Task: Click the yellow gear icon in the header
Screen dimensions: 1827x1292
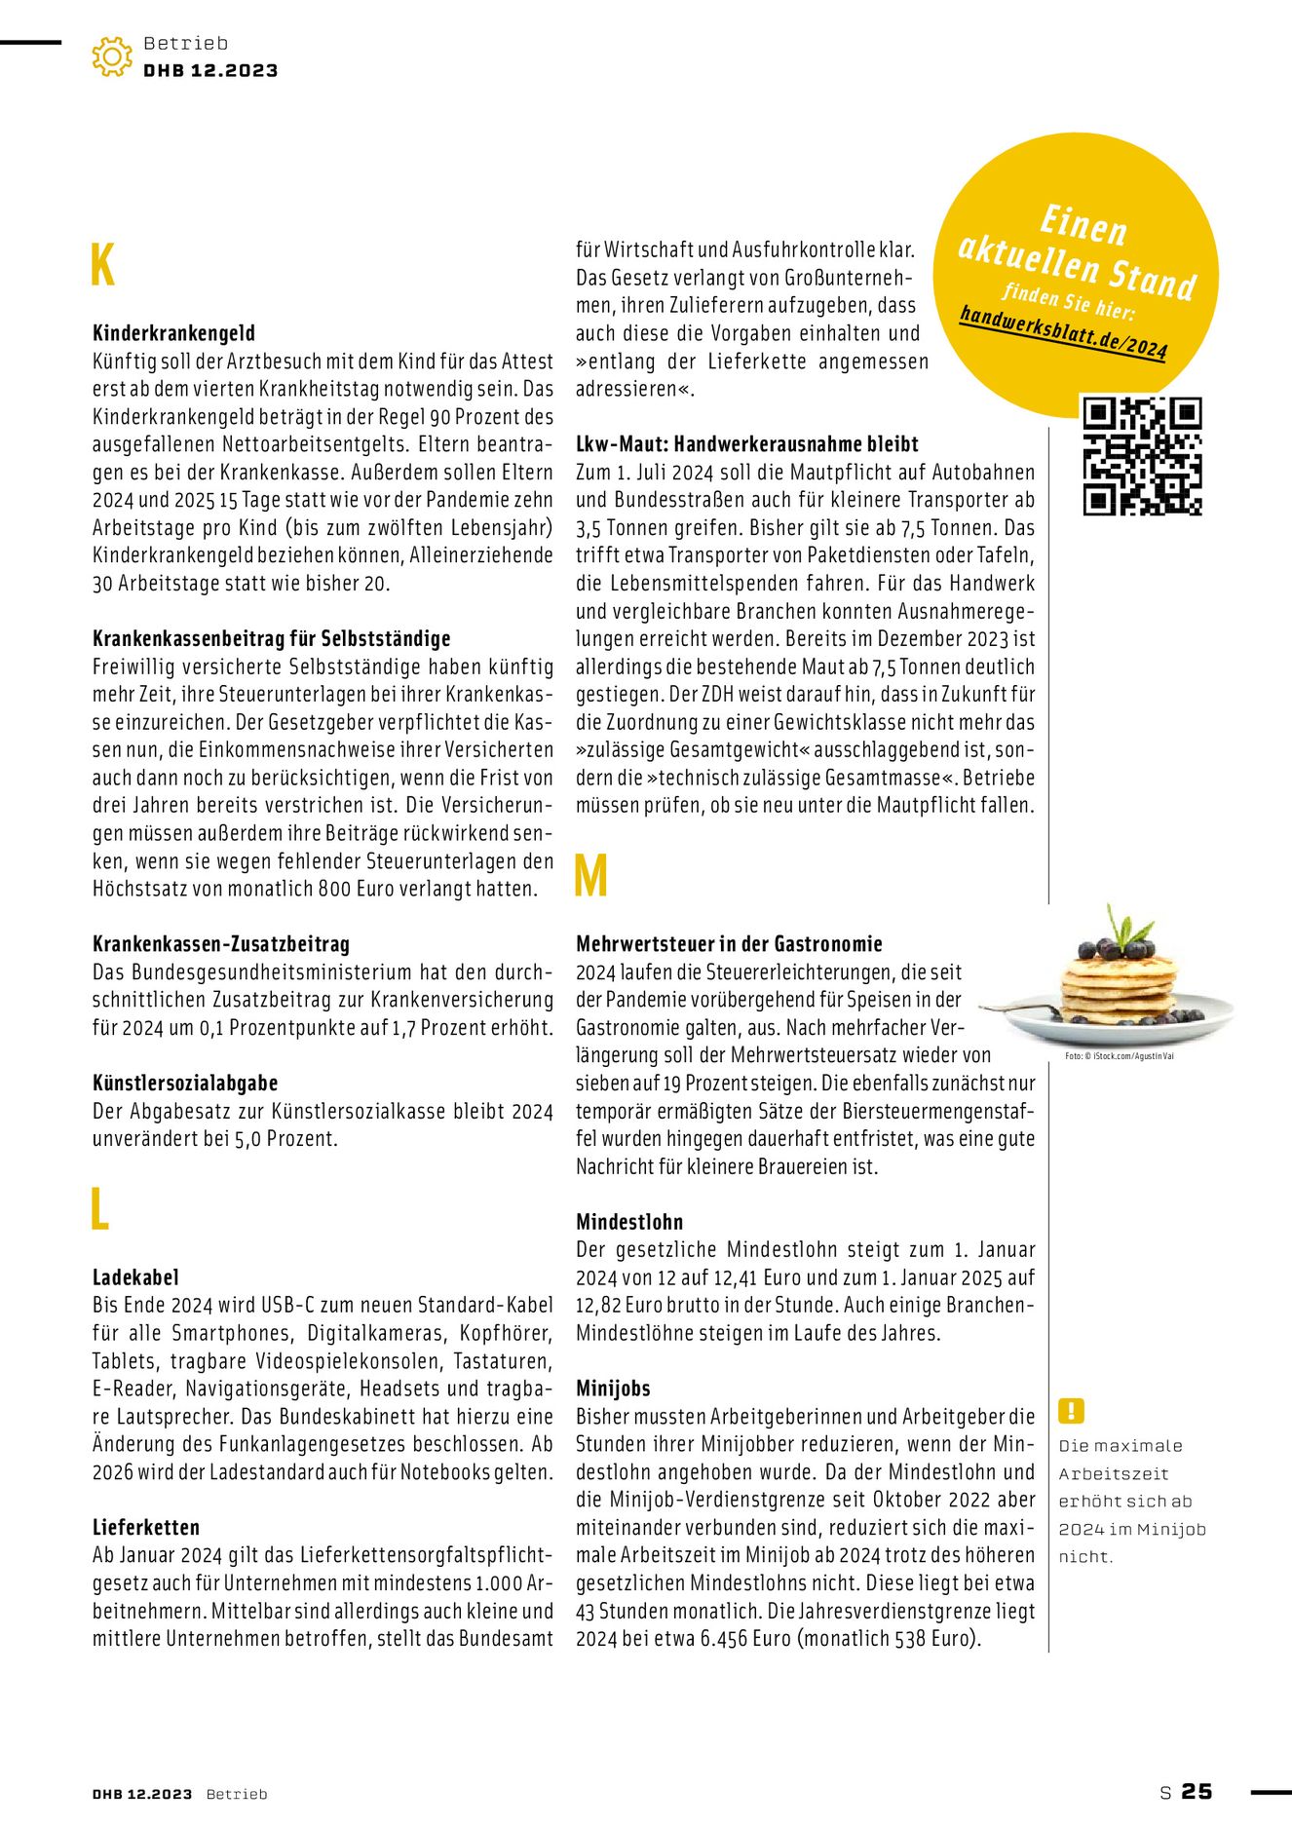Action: (x=112, y=57)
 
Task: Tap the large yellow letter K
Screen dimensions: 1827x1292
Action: (x=102, y=265)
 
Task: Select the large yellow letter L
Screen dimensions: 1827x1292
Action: (x=99, y=1210)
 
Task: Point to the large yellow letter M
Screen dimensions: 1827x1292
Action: (x=590, y=876)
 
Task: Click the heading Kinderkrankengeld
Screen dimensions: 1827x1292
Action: (x=173, y=333)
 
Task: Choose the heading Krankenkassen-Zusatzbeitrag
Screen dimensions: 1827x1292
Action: (x=220, y=944)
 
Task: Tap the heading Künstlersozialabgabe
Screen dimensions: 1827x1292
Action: (x=185, y=1084)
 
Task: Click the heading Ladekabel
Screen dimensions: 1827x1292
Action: (x=135, y=1277)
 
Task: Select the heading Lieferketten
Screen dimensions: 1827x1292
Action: (x=146, y=1528)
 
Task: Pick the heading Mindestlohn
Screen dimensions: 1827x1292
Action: (x=629, y=1222)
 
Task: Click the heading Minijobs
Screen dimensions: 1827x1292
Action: (x=613, y=1389)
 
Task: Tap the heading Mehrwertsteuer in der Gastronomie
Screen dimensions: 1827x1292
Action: (x=729, y=944)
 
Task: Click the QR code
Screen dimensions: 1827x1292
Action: (x=1142, y=455)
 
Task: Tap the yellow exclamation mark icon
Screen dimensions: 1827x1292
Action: (x=1071, y=1410)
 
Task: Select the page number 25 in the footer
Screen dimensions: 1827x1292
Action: (x=1197, y=1792)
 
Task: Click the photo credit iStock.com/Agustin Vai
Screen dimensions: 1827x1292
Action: (x=1119, y=1056)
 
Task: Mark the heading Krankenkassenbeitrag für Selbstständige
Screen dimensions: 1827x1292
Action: (x=271, y=639)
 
